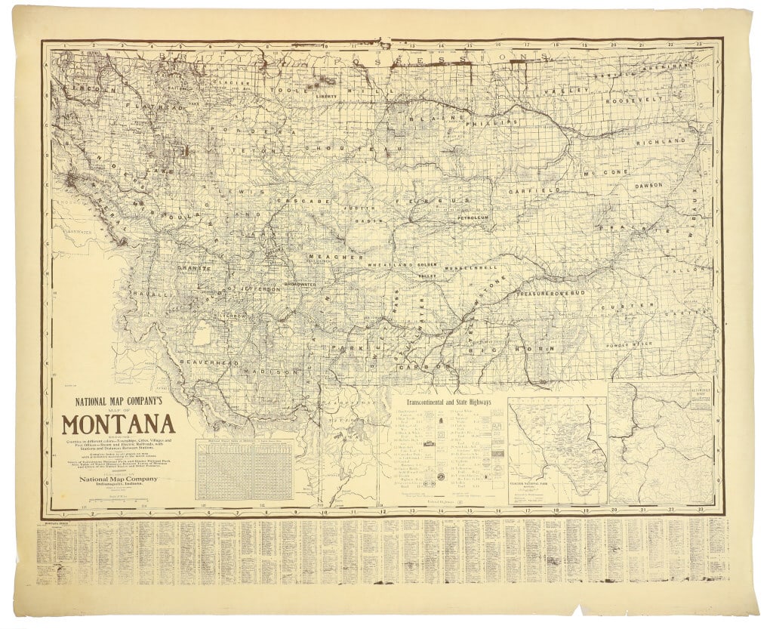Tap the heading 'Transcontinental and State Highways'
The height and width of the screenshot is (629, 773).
click(448, 403)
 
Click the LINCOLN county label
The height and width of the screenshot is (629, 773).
click(83, 88)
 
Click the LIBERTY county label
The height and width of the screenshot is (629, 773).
click(326, 97)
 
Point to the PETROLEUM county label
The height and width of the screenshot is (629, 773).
click(473, 217)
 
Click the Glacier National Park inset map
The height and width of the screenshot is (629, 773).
click(557, 450)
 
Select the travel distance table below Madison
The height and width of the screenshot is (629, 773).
click(244, 470)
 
